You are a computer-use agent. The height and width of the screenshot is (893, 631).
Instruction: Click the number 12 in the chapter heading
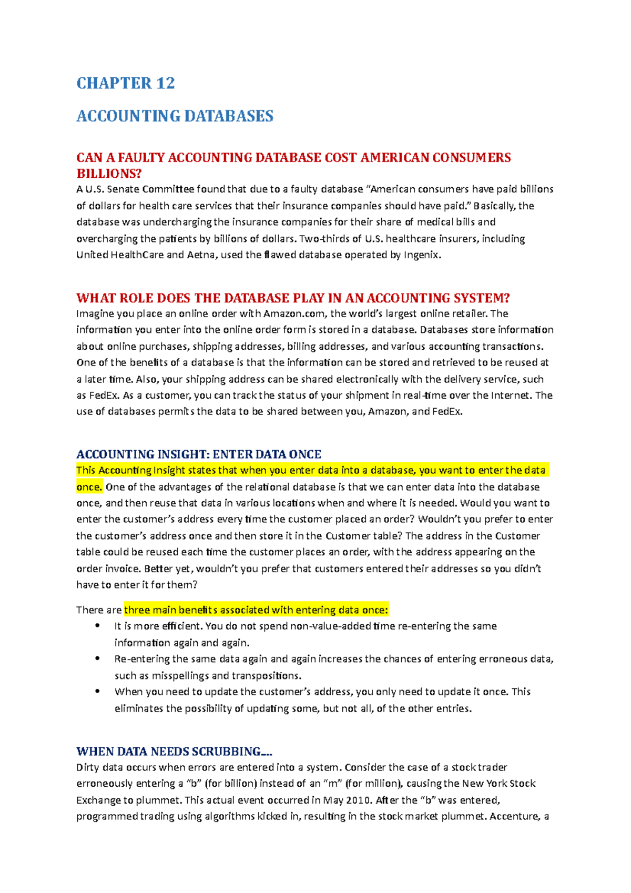pos(165,83)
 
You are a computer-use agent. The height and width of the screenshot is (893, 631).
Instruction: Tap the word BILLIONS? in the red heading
pos(109,174)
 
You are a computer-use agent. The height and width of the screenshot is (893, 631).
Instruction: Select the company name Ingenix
pos(422,255)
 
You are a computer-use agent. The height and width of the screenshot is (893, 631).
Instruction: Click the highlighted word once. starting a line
pos(89,487)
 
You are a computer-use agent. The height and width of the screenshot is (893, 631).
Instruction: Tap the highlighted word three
pos(137,610)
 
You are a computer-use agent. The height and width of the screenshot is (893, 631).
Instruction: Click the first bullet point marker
pos(97,626)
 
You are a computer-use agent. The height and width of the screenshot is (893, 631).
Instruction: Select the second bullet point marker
pos(97,658)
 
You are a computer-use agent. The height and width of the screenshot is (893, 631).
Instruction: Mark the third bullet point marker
pos(97,691)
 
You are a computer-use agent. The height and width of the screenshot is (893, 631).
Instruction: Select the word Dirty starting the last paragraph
pos(88,768)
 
